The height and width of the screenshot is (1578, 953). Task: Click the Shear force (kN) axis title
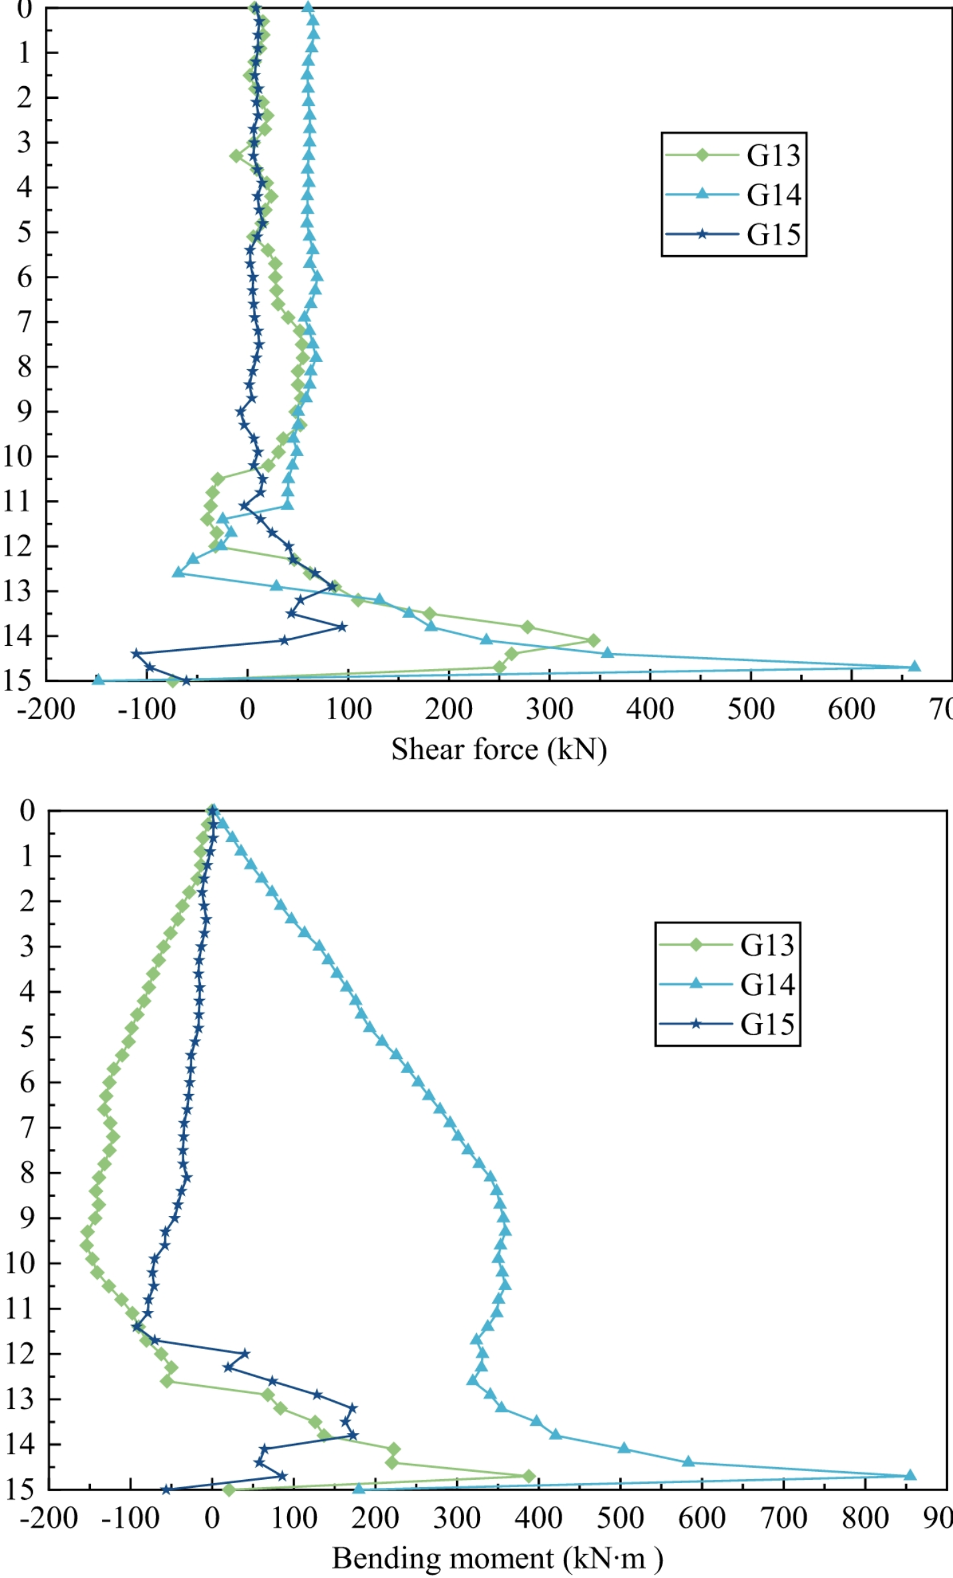(499, 749)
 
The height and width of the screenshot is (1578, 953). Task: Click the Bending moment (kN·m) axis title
(498, 1558)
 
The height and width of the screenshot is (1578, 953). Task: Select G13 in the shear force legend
(773, 155)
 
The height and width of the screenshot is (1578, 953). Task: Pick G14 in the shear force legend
(773, 194)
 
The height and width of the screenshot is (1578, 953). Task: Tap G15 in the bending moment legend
(767, 1024)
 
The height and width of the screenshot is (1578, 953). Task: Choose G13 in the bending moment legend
(767, 944)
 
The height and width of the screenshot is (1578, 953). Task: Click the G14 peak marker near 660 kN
(914, 666)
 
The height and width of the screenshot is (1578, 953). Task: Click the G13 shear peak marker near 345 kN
(593, 640)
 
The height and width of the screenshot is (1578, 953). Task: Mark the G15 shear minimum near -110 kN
(136, 653)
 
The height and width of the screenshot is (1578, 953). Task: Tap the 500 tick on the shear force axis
(751, 709)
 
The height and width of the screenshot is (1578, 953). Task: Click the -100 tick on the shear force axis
(146, 709)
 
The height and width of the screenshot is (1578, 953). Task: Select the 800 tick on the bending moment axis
(866, 1518)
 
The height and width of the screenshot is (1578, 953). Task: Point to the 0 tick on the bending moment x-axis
(212, 1518)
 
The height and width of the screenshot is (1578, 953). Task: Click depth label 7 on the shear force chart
(24, 322)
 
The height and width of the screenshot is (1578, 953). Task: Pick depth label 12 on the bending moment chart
(20, 1354)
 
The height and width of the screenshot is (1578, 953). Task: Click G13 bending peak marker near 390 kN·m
(529, 1476)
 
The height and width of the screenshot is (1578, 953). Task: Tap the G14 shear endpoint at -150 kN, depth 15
(98, 680)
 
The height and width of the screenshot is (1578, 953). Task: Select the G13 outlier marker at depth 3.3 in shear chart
(236, 156)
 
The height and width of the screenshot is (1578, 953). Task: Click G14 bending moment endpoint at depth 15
(359, 1489)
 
